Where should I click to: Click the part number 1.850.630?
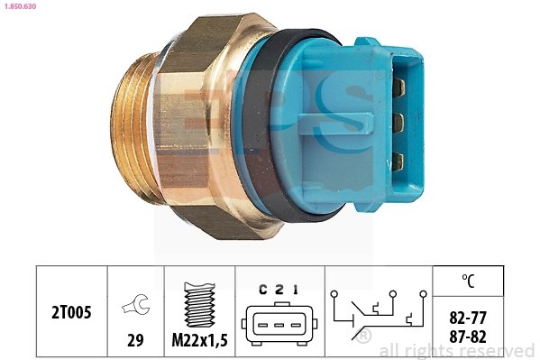pyautogui.click(x=23, y=6)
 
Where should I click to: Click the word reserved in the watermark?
pyautogui.click(x=500, y=350)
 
